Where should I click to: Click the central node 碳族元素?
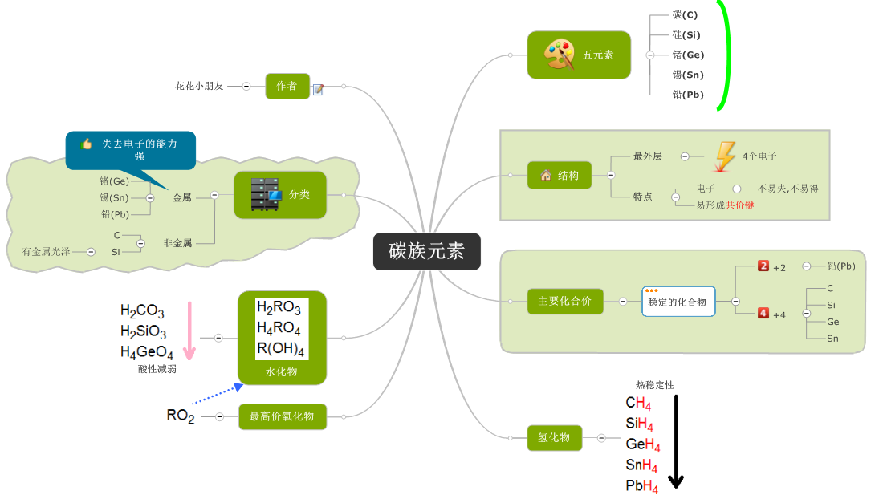(x=426, y=251)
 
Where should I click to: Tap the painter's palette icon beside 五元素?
(x=559, y=55)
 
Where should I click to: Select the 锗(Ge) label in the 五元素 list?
(x=688, y=55)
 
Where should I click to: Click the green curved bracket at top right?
(x=727, y=55)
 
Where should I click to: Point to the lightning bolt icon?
(x=724, y=156)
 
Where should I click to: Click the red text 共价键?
(x=740, y=205)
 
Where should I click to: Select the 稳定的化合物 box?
(x=678, y=302)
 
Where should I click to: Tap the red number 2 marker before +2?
(x=763, y=266)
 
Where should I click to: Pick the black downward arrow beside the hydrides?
(x=676, y=441)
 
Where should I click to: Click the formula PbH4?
(x=642, y=486)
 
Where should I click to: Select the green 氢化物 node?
(x=554, y=437)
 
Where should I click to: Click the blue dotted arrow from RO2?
(x=217, y=395)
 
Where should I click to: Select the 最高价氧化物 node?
(x=283, y=416)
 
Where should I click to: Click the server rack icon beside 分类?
(x=266, y=195)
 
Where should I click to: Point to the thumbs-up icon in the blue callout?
(x=86, y=144)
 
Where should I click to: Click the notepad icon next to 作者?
(x=318, y=89)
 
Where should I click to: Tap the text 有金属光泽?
(x=46, y=252)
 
